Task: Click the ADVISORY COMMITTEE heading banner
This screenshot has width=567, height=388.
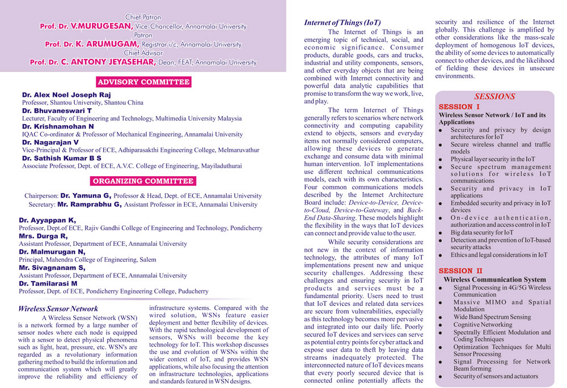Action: coord(143,82)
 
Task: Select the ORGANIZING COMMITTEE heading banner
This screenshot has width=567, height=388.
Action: coord(143,181)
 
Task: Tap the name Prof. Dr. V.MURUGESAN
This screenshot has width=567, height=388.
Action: coord(87,26)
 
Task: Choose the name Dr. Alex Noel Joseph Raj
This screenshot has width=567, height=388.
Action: coord(66,95)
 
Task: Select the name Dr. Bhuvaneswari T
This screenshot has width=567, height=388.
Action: coord(57,111)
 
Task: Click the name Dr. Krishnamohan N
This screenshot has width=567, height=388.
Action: coord(58,126)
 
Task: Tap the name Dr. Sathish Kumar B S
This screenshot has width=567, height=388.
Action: coord(62,158)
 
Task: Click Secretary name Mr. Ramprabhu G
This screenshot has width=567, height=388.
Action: coord(90,204)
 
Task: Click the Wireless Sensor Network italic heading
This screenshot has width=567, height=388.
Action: coord(58,309)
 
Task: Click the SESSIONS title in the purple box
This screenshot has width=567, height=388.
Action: coord(494,96)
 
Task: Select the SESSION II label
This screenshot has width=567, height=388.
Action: coord(460,271)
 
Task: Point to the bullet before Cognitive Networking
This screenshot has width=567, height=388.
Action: coord(441,325)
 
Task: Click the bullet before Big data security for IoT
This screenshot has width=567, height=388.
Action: coord(441,233)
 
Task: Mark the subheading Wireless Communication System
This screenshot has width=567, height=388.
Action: coord(494,279)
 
